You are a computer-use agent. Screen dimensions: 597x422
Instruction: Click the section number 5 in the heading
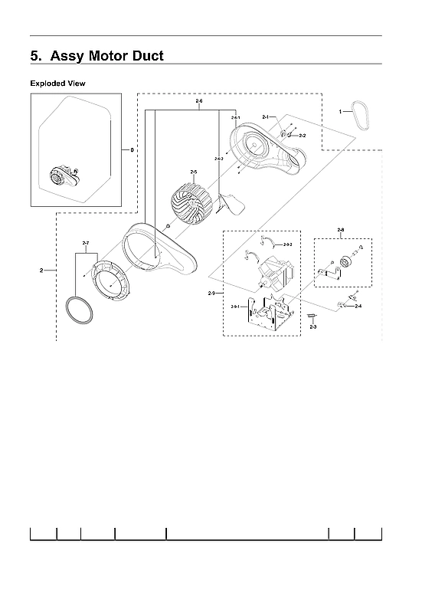pyautogui.click(x=35, y=56)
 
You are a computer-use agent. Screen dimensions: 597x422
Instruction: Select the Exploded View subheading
pyautogui.click(x=57, y=82)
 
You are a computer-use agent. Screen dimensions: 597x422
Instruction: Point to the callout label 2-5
pyautogui.click(x=194, y=172)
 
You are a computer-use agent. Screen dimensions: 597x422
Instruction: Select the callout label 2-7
pyautogui.click(x=85, y=243)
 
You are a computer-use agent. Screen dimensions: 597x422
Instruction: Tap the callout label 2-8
pyautogui.click(x=340, y=230)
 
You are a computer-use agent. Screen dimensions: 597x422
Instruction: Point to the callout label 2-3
pyautogui.click(x=312, y=327)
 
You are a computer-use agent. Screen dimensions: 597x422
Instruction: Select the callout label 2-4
pyautogui.click(x=358, y=306)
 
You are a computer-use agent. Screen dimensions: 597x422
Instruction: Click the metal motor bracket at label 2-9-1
pyautogui.click(x=268, y=315)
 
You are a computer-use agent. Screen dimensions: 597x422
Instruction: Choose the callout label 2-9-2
pyautogui.click(x=288, y=244)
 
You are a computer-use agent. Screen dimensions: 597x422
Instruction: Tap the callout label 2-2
pyautogui.click(x=302, y=136)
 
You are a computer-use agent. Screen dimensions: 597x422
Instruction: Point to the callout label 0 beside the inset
pyautogui.click(x=132, y=150)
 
